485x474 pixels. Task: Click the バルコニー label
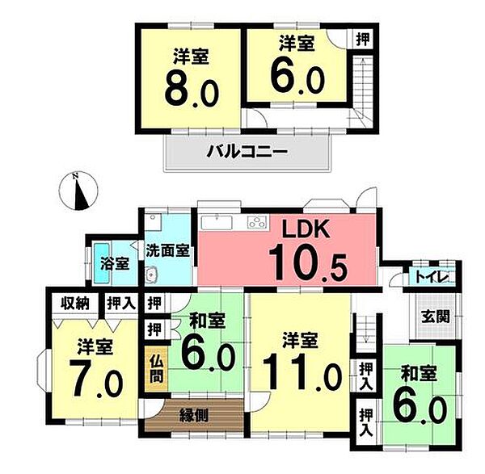pos(247,151)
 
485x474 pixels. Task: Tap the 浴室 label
pos(116,262)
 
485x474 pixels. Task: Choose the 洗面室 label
pos(168,250)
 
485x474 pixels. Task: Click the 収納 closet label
pos(74,304)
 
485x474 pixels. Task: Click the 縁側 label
pos(196,415)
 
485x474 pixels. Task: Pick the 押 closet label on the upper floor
pos(365,38)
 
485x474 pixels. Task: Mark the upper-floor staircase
pos(361,89)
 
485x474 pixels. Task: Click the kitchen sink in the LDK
pos(216,222)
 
